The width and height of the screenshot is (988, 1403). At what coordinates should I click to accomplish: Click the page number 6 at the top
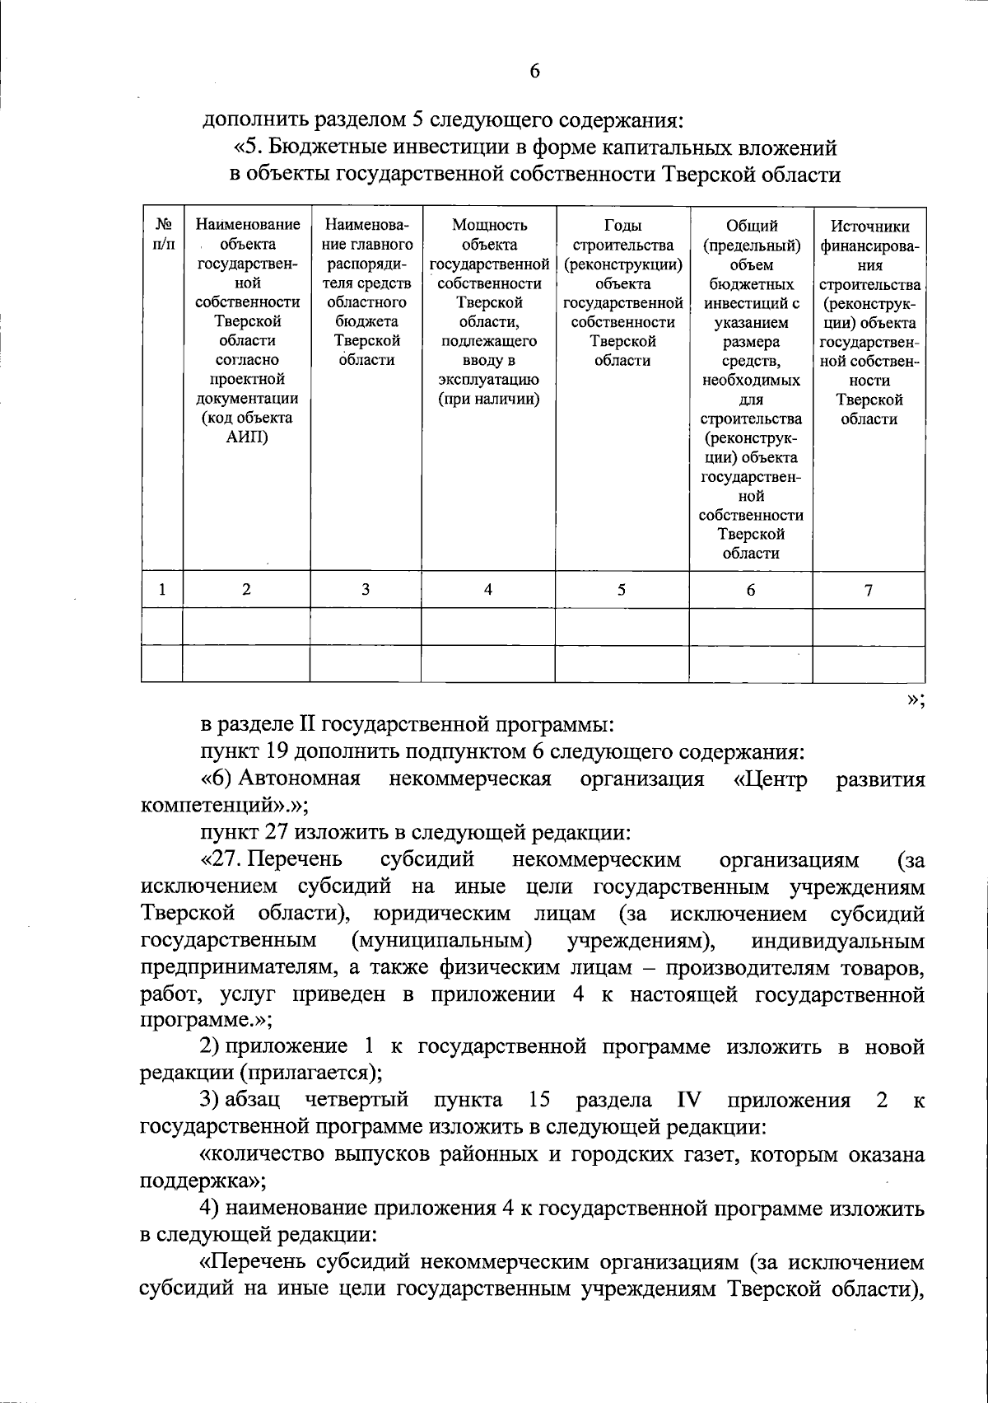pos(534,72)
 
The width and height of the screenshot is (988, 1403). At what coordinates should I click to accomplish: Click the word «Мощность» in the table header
pos(489,226)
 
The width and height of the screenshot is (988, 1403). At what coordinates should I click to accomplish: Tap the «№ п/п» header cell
pos(162,235)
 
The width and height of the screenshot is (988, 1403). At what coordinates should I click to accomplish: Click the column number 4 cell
pos(488,590)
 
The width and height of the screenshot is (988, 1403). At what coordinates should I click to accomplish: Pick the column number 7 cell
pos(869,590)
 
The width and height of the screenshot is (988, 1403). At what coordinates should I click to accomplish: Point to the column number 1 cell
pos(162,590)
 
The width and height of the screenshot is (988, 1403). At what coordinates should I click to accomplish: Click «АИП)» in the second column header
pos(247,437)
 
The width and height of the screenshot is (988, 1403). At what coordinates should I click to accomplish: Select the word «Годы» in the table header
pos(622,226)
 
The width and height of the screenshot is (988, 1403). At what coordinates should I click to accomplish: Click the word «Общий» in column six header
pos(751,226)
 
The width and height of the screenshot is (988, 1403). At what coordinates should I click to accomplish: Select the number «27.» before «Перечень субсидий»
pos(223,860)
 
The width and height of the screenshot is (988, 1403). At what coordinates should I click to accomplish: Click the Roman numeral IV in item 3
pos(688,1101)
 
